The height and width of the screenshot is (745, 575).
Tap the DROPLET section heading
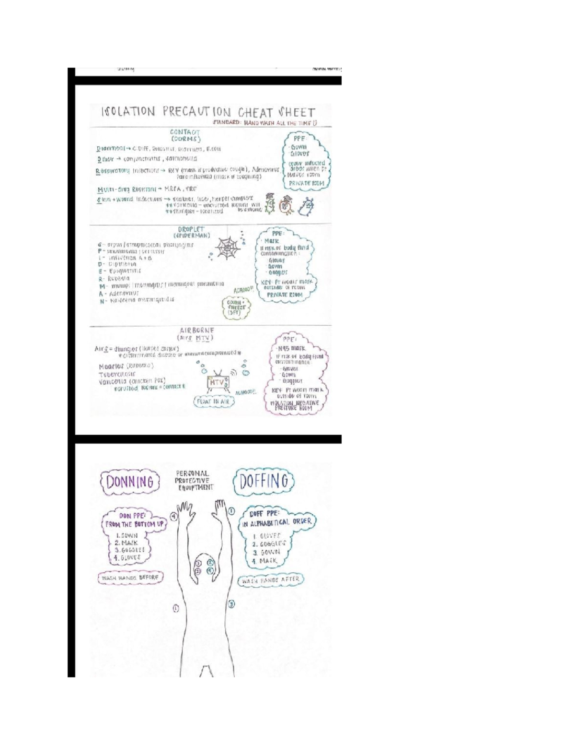(192, 229)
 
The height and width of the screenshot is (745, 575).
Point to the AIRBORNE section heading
(196, 331)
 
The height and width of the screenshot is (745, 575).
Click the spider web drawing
(228, 248)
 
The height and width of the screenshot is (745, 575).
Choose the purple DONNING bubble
(129, 482)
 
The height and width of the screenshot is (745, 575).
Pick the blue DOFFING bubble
(264, 481)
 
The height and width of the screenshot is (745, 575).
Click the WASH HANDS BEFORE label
(130, 578)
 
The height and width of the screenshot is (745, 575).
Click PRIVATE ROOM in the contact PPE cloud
(306, 183)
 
